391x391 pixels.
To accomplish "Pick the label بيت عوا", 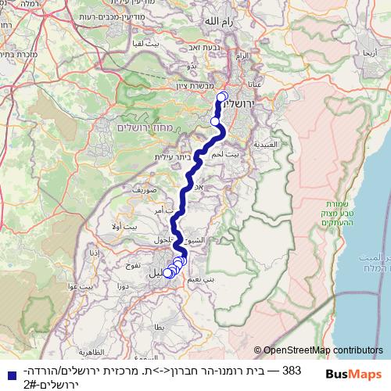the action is coord(88,288).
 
